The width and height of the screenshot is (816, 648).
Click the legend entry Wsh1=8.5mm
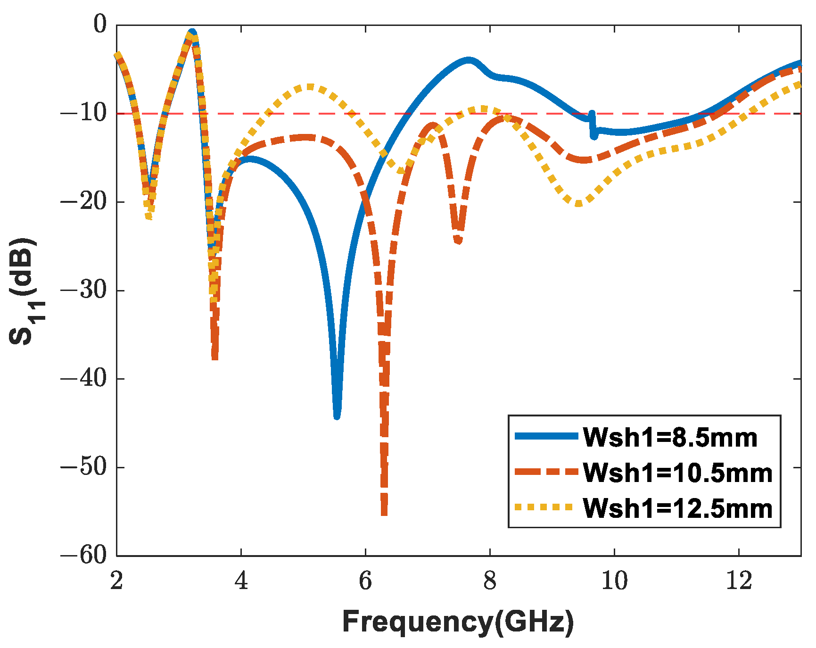point(670,437)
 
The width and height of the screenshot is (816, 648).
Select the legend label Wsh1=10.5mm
point(677,473)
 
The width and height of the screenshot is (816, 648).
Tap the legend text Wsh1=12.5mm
point(677,508)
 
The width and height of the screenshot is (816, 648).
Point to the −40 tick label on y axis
point(83,379)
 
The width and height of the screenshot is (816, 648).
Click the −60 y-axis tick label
point(83,556)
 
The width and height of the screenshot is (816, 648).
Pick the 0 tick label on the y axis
point(99,25)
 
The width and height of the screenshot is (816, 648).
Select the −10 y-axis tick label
point(83,113)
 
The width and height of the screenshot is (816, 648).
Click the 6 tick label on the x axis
point(365,581)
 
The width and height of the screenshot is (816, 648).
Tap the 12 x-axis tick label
point(738,581)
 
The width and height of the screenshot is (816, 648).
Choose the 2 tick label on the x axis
point(116,581)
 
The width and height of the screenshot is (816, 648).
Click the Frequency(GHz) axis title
point(458,621)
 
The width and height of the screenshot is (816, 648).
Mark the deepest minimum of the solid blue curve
point(337,416)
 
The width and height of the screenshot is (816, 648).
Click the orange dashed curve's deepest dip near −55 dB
point(384,513)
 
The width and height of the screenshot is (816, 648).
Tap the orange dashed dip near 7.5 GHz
point(458,241)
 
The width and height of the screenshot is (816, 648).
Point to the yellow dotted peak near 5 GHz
point(309,87)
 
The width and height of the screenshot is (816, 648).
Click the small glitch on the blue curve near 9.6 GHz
point(593,125)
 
